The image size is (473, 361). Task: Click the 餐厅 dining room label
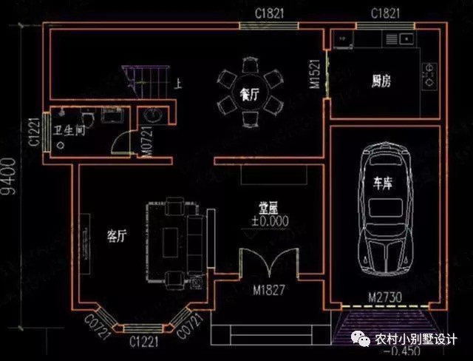[249, 95]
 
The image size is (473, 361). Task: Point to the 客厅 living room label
[117, 237]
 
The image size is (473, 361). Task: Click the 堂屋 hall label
[268, 208]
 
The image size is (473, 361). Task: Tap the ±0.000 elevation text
[270, 220]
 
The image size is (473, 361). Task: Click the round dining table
[249, 94]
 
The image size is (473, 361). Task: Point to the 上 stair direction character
[178, 84]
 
